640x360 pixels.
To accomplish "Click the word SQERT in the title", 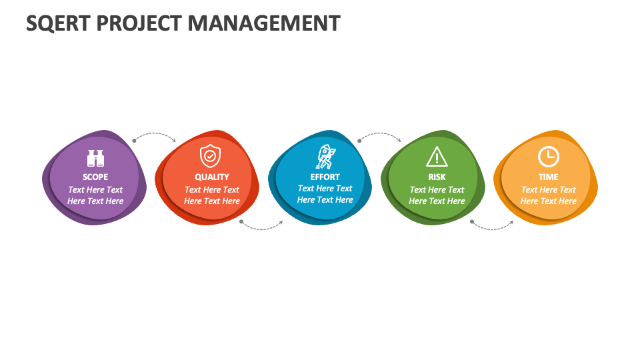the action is [58, 24].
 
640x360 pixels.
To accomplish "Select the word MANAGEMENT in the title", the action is [264, 23].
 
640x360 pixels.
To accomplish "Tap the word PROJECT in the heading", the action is [139, 23].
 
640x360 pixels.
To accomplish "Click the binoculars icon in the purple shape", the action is [95, 159].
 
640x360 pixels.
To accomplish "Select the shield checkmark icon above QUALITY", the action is [210, 156].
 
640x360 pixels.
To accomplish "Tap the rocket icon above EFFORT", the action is [325, 157].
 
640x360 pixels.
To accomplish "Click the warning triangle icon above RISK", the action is [437, 157].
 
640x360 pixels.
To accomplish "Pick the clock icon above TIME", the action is [548, 156].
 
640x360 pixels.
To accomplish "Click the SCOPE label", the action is [95, 177].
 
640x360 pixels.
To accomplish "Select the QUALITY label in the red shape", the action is [212, 177].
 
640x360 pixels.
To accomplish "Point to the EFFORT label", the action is [325, 177].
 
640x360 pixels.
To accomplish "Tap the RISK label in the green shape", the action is [437, 177].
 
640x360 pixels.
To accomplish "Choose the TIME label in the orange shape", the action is [548, 177].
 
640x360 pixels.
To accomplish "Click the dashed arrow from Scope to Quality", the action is [155, 133].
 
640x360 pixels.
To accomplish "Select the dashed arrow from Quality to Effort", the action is [261, 229].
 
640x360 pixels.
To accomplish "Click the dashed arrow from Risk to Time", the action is [492, 229].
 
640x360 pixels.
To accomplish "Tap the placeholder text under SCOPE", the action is [95, 195].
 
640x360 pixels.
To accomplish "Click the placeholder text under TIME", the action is [548, 195].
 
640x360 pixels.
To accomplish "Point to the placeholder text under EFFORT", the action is [325, 194].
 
